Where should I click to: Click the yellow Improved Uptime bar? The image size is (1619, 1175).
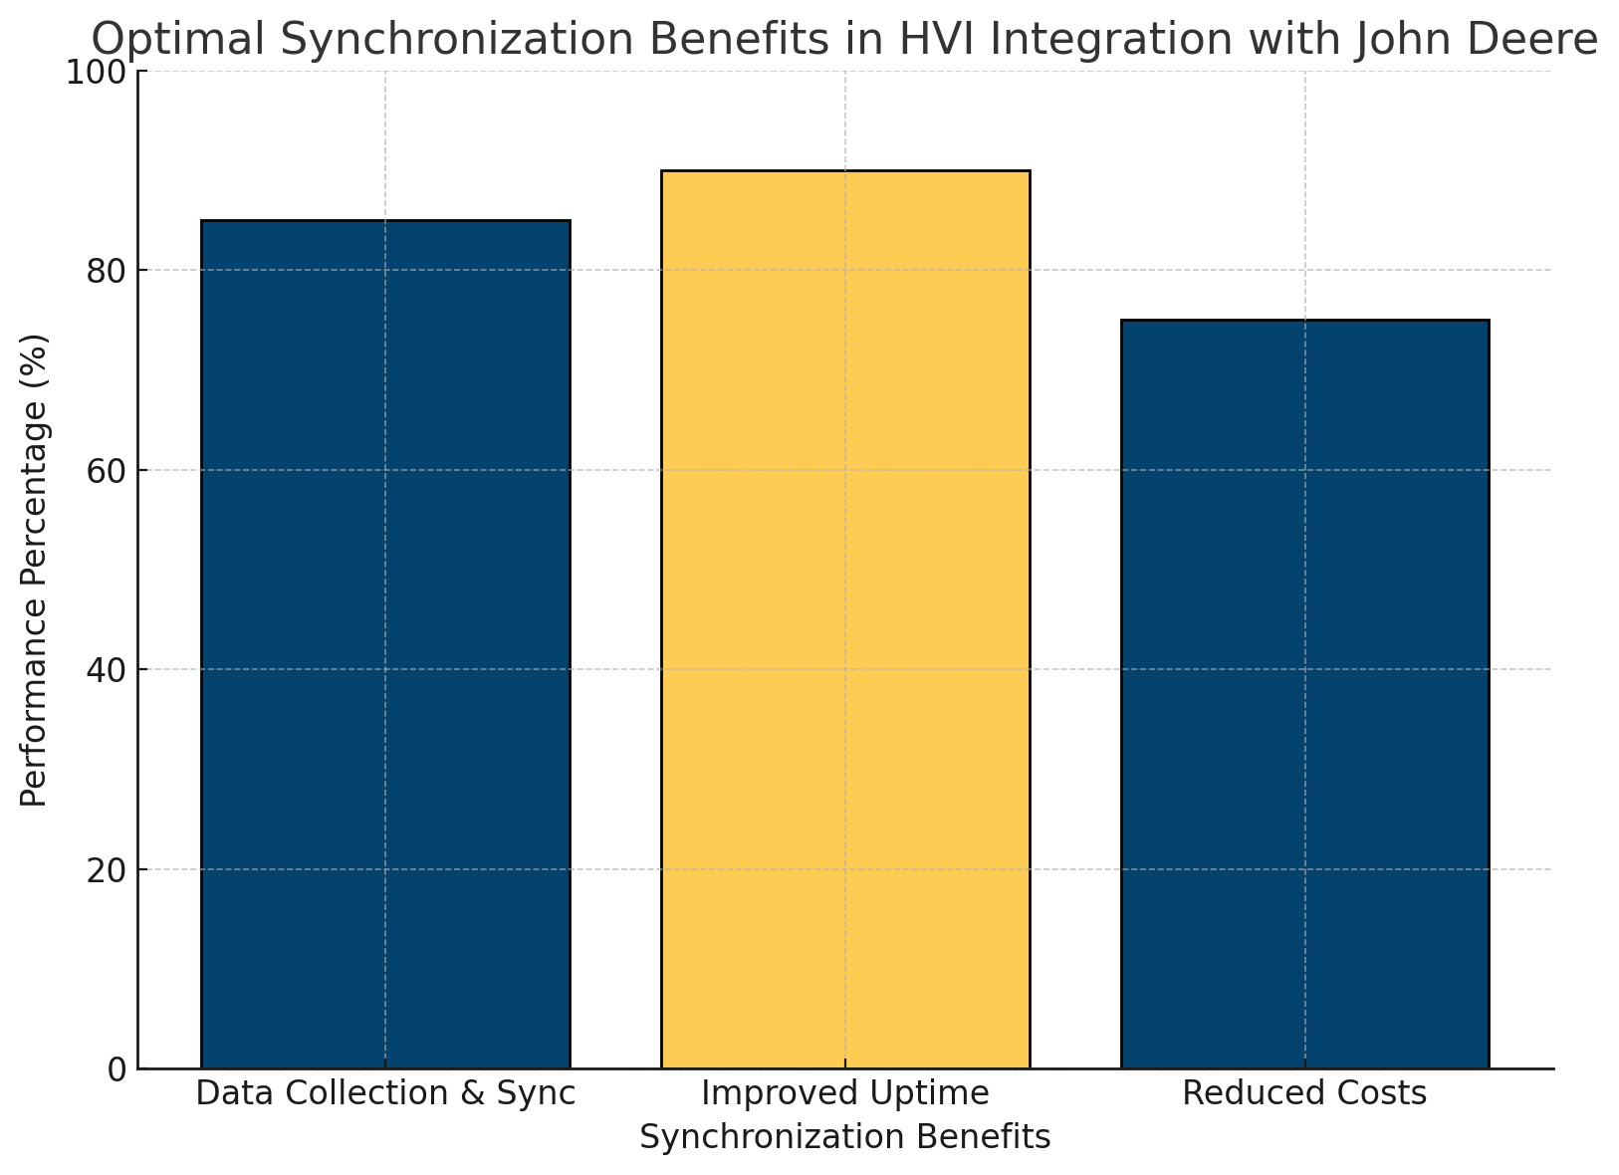point(845,618)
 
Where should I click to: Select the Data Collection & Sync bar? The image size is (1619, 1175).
point(385,643)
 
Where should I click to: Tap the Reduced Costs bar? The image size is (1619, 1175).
point(1304,693)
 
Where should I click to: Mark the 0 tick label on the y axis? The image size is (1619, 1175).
point(117,1069)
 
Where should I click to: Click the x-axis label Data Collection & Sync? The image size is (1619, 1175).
point(385,1093)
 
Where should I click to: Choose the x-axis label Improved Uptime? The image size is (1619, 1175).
point(845,1093)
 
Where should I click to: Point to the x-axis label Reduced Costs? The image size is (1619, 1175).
point(1304,1093)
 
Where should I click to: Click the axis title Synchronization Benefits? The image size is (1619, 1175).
point(845,1137)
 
